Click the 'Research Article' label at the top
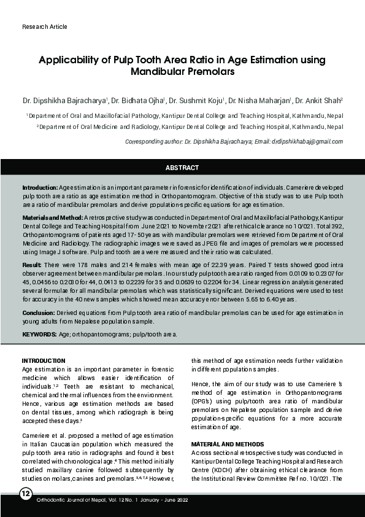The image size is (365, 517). coord(44,27)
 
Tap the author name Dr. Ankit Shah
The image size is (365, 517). coord(318,100)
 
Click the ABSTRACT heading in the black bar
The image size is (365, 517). coord(182,168)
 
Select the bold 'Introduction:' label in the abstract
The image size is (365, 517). coord(40,186)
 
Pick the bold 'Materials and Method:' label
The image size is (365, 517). coord(52,218)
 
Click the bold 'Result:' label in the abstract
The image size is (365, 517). coord(32,265)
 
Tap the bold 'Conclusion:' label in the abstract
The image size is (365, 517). coord(40,313)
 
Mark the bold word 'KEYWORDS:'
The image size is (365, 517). coord(40,335)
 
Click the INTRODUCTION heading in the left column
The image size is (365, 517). coord(43,360)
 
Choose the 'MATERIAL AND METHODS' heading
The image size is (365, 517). coord(228,443)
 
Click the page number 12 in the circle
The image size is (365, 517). coord(26,496)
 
